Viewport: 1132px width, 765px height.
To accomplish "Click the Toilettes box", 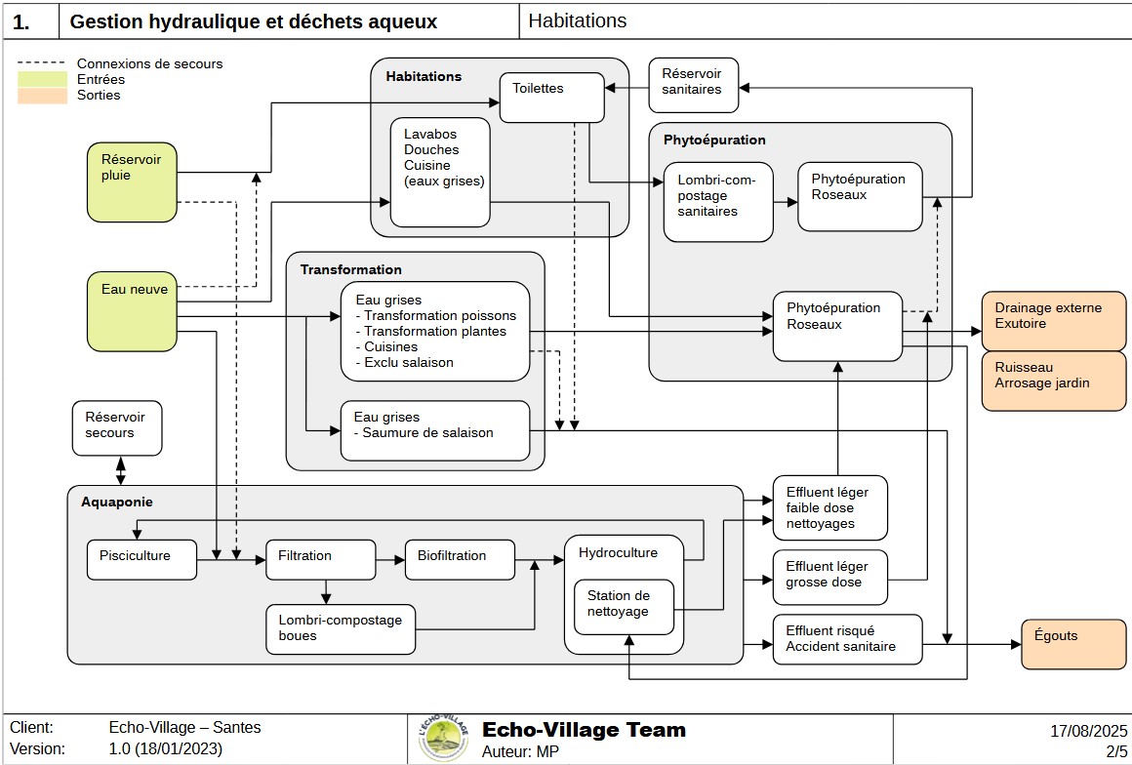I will [x=550, y=98].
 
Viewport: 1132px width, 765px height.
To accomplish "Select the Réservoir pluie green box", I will [x=131, y=181].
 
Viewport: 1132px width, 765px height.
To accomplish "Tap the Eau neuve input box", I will [x=131, y=310].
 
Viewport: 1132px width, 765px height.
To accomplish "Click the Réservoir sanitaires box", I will [x=693, y=85].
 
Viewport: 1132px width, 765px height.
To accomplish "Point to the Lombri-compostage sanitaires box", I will [x=718, y=201].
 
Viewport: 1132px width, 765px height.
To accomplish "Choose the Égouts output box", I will [x=1072, y=644].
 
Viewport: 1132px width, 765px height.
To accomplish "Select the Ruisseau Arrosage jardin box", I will [x=1053, y=381].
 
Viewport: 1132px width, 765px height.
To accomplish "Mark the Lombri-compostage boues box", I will [x=341, y=629].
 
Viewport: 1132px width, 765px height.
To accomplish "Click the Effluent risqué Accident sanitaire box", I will [x=847, y=639].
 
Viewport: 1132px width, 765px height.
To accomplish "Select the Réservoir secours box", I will [x=117, y=428].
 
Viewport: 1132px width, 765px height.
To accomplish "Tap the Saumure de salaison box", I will [x=434, y=429].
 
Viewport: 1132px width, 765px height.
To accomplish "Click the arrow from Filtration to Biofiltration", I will [x=389, y=560].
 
